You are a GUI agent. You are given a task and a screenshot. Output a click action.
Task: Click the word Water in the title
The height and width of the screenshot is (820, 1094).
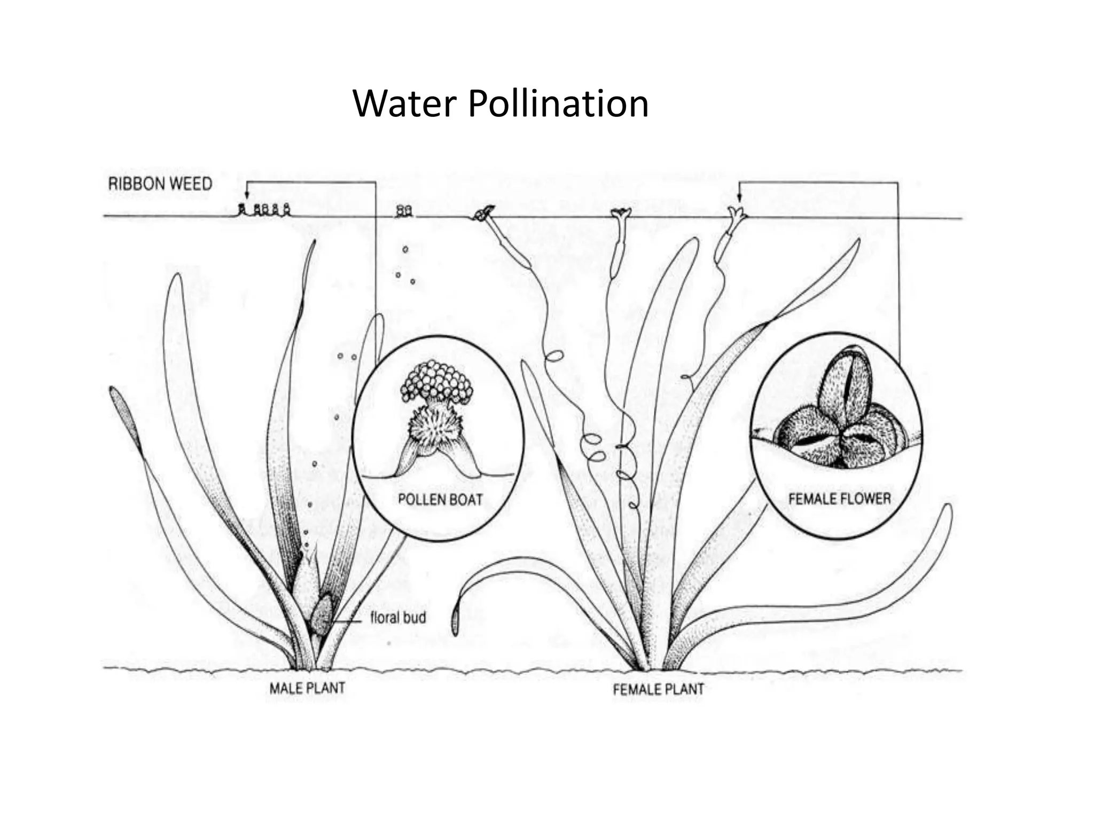(x=404, y=104)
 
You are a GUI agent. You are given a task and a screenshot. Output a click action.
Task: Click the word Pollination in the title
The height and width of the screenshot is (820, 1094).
(x=558, y=104)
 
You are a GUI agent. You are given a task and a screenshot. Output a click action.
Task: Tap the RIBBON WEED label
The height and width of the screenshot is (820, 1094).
(x=160, y=184)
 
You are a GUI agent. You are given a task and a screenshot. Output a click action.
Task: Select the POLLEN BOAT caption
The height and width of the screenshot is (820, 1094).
(x=440, y=500)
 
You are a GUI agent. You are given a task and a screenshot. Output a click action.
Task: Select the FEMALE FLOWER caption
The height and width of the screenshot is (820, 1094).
(x=840, y=499)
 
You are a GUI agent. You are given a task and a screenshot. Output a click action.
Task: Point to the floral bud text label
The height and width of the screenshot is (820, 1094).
(x=398, y=618)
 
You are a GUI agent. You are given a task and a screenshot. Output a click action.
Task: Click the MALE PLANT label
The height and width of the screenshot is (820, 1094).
(x=307, y=688)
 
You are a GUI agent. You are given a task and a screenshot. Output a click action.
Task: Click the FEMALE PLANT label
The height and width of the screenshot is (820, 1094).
(x=658, y=690)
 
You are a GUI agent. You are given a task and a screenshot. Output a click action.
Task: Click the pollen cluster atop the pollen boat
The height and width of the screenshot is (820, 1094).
(x=437, y=381)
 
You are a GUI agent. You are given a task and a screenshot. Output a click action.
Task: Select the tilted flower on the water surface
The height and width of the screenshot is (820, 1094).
(x=484, y=214)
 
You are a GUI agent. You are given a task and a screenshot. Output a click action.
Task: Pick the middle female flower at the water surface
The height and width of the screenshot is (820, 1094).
(x=621, y=215)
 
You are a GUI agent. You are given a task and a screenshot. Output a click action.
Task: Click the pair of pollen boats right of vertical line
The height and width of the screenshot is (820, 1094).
(x=404, y=212)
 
